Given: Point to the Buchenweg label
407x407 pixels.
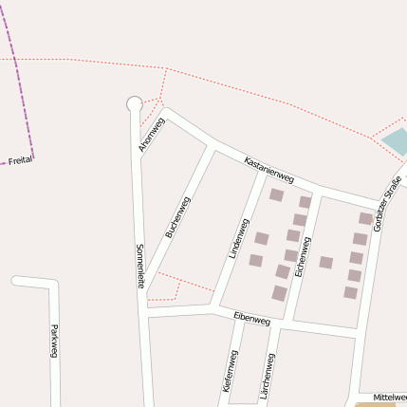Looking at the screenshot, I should coord(177,216).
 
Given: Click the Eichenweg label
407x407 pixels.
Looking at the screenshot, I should coord(303,256).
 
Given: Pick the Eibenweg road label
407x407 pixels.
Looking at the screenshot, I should coord(251,321).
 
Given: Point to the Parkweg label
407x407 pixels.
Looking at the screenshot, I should coord(53,337).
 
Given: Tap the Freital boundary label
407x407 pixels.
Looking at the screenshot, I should coord(20,161).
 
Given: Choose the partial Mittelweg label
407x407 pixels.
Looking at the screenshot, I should coord(390,397).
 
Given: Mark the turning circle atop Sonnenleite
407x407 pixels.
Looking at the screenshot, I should coord(134,103).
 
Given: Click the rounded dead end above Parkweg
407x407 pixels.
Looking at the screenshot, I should coord(15,281).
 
